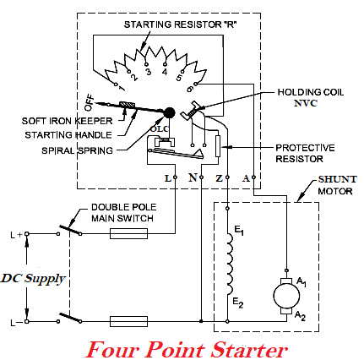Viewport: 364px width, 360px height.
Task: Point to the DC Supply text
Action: point(35,277)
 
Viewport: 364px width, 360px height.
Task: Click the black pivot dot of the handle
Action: point(169,112)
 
